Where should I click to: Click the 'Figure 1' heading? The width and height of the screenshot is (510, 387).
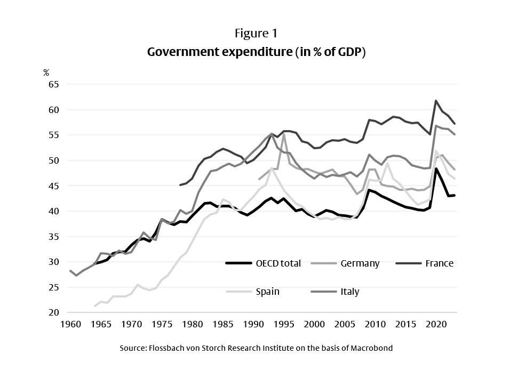pos(256,33)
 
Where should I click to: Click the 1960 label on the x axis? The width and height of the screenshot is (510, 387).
pos(70,324)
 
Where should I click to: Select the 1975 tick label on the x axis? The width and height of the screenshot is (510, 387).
pos(162,324)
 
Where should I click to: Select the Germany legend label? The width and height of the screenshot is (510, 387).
pos(360,263)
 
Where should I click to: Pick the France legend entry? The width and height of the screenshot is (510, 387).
pos(439,263)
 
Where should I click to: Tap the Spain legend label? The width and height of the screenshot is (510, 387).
pos(268,292)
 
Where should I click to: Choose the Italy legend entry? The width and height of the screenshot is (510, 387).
pos(350,292)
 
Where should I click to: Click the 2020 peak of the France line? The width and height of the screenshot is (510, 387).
pos(436,101)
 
